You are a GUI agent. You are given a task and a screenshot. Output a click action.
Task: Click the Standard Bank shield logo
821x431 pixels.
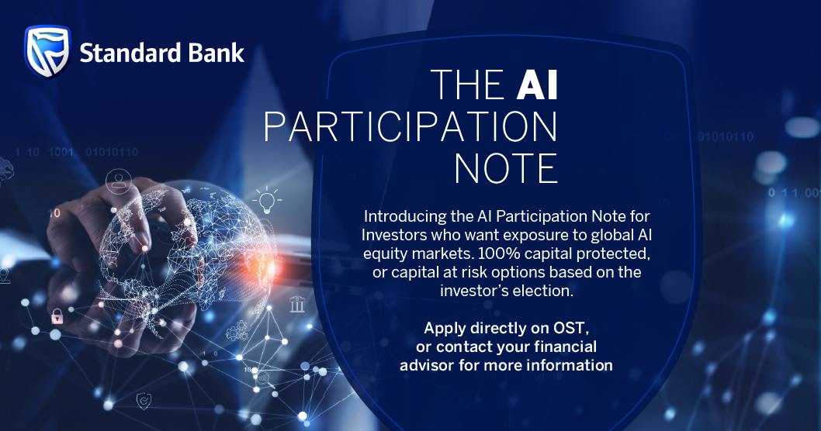[x=47, y=52]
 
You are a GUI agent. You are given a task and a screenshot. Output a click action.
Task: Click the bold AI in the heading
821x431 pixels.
[x=537, y=84]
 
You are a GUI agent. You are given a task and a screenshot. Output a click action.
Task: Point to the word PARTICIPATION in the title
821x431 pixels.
[x=410, y=126]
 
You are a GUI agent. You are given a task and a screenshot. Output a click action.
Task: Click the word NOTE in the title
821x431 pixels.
[x=506, y=168]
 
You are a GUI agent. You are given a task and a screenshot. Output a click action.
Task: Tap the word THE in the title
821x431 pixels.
[x=467, y=84]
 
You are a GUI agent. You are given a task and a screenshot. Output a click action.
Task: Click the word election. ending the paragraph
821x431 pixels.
[x=543, y=290]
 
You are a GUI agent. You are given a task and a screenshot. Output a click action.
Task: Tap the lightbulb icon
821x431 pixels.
[x=267, y=200]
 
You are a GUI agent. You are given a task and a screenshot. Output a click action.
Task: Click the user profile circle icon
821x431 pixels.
[x=118, y=181]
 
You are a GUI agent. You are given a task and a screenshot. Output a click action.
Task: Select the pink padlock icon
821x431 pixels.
[x=57, y=316]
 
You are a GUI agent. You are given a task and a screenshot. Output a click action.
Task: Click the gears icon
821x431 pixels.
[x=237, y=330]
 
